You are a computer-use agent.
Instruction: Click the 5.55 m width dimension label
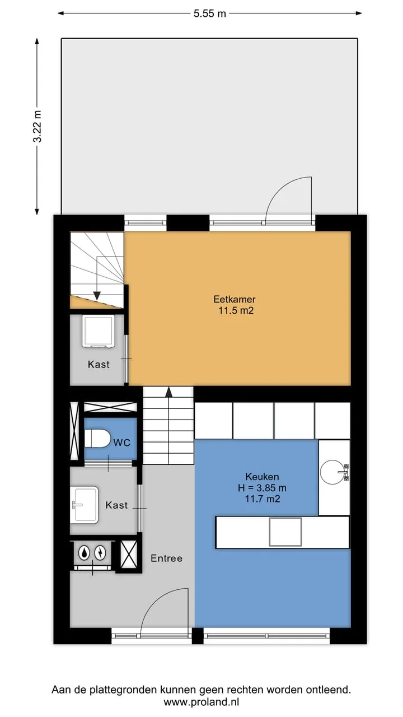pyautogui.click(x=210, y=13)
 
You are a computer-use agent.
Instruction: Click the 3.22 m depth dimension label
pyautogui.click(x=38, y=126)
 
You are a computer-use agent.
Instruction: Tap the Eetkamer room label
pyautogui.click(x=235, y=299)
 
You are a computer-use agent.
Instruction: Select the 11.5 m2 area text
pyautogui.click(x=236, y=310)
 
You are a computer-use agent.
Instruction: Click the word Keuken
pyautogui.click(x=262, y=477)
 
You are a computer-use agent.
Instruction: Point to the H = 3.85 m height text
pyautogui.click(x=262, y=488)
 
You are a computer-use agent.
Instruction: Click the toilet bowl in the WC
pyautogui.click(x=97, y=439)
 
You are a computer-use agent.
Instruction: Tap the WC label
pyautogui.click(x=122, y=443)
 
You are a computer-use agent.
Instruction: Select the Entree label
pyautogui.click(x=167, y=558)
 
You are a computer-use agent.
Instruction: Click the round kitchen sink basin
pyautogui.click(x=332, y=472)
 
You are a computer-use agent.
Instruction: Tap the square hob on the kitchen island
pyautogui.click(x=285, y=532)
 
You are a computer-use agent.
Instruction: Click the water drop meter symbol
pyautogui.click(x=84, y=553)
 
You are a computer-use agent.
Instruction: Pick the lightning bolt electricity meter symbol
pyautogui.click(x=101, y=553)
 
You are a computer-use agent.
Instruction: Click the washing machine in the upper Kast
pyautogui.click(x=98, y=331)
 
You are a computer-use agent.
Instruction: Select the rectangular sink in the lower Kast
pyautogui.click(x=85, y=505)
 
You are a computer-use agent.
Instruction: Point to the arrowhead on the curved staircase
pyautogui.click(x=97, y=296)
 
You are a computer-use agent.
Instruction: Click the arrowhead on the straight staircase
pyautogui.click(x=168, y=393)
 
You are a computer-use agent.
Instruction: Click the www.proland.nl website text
pyautogui.click(x=201, y=702)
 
